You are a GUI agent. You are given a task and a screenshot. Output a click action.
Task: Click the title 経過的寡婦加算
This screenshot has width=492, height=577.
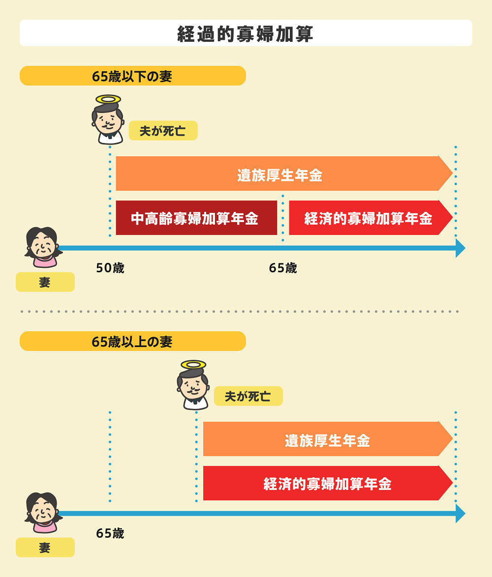pos(246,33)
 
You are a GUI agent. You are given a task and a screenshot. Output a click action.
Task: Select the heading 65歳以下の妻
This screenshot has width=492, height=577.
pos(132,76)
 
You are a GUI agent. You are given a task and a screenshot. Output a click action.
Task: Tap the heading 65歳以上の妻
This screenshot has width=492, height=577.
pos(132,342)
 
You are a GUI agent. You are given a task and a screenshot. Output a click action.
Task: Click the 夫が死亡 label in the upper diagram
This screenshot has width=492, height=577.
pos(163,131)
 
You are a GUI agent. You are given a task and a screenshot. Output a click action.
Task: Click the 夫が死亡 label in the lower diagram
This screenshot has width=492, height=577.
pos(248,396)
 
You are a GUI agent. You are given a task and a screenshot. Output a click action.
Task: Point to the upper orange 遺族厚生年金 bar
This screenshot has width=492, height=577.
pos(280,174)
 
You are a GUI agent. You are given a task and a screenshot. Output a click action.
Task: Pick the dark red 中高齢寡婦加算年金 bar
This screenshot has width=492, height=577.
pos(196,218)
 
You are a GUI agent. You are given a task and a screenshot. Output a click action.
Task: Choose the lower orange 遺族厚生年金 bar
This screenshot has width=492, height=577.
pos(327,439)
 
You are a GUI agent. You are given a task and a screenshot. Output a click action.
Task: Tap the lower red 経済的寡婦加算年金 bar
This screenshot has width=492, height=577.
pos(327,483)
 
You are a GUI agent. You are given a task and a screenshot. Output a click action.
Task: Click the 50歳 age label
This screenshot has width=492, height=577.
pos(110,268)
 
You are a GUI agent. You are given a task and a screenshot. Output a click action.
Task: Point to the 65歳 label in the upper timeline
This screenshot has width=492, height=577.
pos(283,268)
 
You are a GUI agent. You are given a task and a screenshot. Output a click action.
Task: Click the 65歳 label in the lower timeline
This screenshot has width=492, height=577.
pos(110,533)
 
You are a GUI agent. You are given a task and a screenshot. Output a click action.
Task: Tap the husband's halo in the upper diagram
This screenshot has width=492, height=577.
pos(109,100)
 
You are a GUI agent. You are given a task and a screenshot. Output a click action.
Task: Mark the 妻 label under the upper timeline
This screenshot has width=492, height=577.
pos(45,282)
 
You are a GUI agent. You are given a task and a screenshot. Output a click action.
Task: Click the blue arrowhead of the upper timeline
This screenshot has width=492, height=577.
pos(460,248)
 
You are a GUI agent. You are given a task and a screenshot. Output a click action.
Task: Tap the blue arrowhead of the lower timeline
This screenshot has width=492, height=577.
pos(460,514)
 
